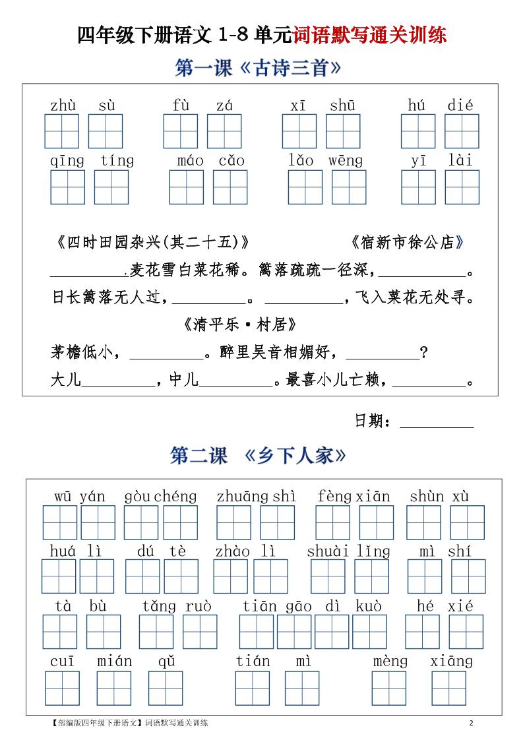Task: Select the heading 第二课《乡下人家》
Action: [258, 456]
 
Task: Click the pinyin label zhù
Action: [63, 106]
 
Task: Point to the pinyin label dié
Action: [460, 106]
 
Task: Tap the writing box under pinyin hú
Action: [418, 131]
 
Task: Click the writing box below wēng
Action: [349, 187]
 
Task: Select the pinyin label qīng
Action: [67, 161]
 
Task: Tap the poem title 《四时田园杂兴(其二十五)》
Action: [151, 243]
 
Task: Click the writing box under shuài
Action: [328, 576]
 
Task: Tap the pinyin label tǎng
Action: [159, 606]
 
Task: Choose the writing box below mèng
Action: [388, 688]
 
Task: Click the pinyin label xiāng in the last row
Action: [451, 661]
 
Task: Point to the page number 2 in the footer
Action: [471, 724]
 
